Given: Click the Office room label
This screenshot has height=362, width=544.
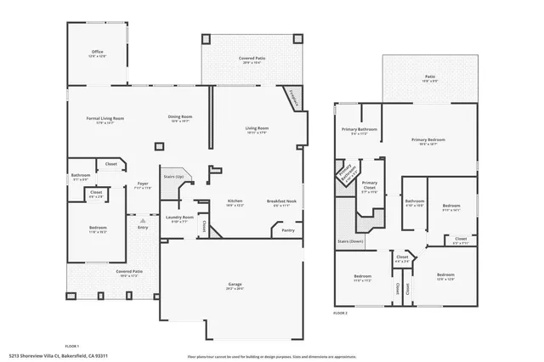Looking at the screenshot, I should coord(98,53).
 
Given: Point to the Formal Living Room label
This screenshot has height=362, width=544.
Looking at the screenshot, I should coord(105,118).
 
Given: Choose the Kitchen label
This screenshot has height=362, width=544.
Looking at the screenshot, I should coord(235,201).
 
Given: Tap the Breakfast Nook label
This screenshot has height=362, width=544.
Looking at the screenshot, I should coord(285,201).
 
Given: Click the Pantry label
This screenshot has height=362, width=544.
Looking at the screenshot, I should coord(287,229).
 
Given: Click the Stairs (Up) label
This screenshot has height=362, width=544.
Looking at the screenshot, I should coord(173,177).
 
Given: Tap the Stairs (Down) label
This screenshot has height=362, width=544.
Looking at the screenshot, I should coord(350,241).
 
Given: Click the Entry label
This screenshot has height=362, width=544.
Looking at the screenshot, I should coord(143,226).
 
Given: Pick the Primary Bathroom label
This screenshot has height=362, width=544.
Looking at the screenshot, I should coord(360,130).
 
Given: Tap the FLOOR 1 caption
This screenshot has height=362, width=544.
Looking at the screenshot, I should coord(72,346).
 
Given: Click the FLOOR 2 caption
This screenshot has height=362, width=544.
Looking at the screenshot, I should coord(340,313).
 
